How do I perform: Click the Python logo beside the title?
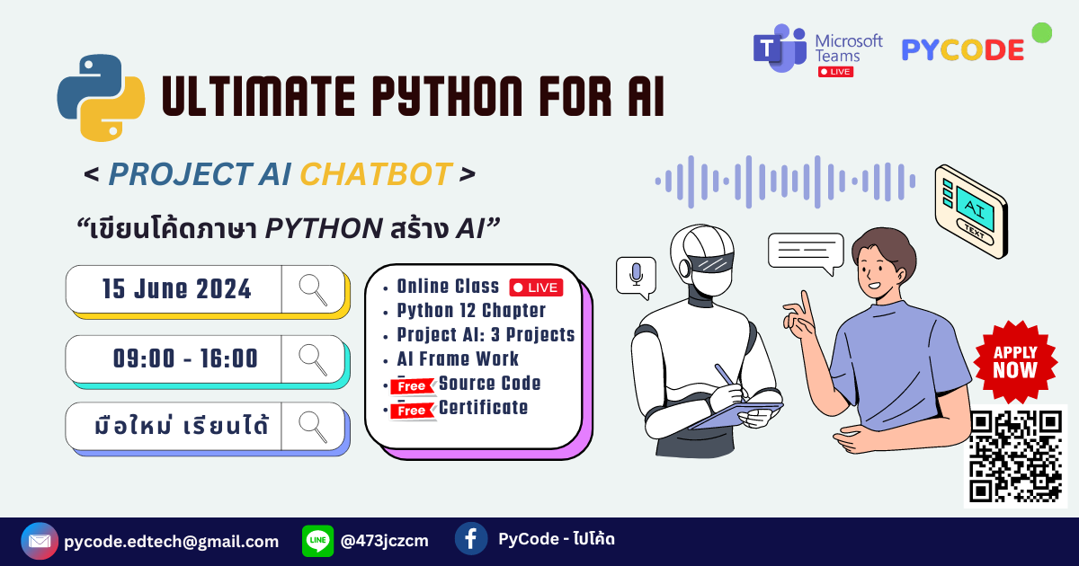tap(101, 97)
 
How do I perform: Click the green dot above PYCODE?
tap(1041, 33)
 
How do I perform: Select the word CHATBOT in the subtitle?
tap(375, 174)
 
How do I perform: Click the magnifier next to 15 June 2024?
tap(313, 289)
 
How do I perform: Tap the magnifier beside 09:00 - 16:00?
tap(313, 358)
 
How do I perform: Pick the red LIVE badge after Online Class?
tap(536, 287)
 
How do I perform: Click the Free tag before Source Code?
tap(413, 386)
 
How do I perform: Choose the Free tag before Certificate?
tap(413, 411)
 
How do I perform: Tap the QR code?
tap(1015, 455)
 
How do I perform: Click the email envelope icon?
tap(39, 541)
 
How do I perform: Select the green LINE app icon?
tap(317, 541)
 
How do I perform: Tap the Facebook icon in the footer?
tap(471, 539)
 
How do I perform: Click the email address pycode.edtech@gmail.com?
tap(171, 542)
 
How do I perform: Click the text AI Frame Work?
tap(458, 359)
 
